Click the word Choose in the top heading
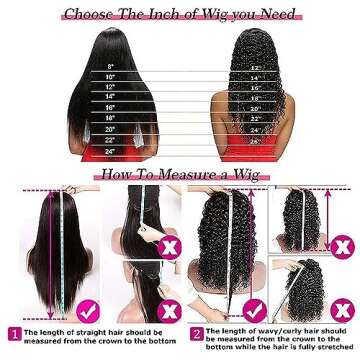[x=93, y=13]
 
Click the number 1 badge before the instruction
[x=15, y=332]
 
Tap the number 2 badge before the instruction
[x=196, y=332]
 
